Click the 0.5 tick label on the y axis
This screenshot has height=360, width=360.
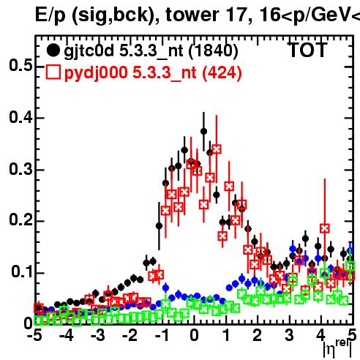[x=21, y=65]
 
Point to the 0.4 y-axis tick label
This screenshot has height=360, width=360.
[x=21, y=117]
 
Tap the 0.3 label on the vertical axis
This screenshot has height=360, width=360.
[x=21, y=169]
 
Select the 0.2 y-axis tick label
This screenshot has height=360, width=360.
[x=21, y=220]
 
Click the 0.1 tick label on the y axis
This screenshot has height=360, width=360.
[x=22, y=271]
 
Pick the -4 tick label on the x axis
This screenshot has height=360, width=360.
[x=67, y=335]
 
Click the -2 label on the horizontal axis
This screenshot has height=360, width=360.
[x=130, y=335]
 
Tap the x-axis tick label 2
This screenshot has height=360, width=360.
[x=258, y=335]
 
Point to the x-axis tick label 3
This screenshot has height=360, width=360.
[x=289, y=335]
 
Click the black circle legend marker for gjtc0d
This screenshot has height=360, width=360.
[x=53, y=50]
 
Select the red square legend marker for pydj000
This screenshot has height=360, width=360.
[x=53, y=72]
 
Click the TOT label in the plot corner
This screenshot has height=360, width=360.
[x=307, y=50]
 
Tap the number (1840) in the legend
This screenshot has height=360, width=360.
[x=213, y=51]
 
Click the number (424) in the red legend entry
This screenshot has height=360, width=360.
[x=222, y=72]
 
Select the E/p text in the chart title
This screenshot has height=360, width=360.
[x=50, y=15]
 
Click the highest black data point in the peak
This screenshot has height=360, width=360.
[x=204, y=132]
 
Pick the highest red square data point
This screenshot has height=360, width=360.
[x=217, y=149]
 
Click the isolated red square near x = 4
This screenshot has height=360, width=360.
[x=325, y=228]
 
